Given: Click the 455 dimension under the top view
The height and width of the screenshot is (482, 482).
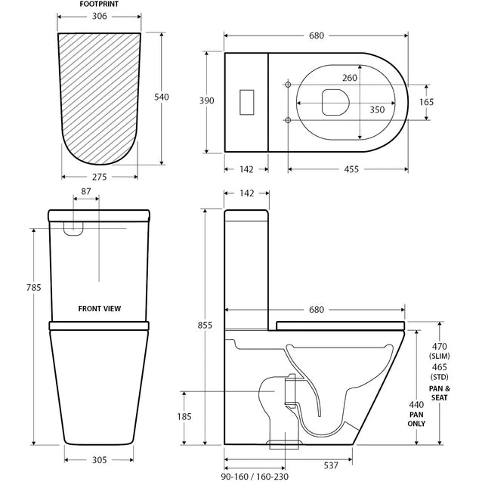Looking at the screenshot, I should point(351,169).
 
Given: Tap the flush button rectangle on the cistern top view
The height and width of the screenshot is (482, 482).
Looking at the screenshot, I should point(246,102).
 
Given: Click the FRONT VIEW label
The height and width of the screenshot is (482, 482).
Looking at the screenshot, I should point(100,308).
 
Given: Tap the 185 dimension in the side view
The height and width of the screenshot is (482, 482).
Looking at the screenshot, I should point(205,416).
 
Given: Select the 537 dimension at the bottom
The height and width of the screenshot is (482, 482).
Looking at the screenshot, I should point(329,465).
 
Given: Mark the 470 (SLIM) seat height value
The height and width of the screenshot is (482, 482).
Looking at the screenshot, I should point(440,351).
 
